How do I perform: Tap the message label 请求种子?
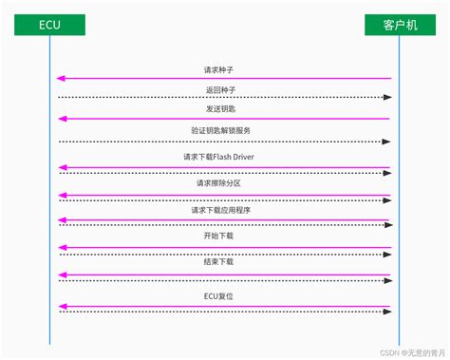click(x=219, y=69)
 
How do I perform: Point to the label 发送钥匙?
click(x=219, y=110)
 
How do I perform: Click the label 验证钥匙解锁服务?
click(x=220, y=130)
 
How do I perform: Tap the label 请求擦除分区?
click(x=219, y=183)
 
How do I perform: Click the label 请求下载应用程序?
click(x=219, y=210)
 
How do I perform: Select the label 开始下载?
click(x=219, y=236)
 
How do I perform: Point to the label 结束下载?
click(x=219, y=261)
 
